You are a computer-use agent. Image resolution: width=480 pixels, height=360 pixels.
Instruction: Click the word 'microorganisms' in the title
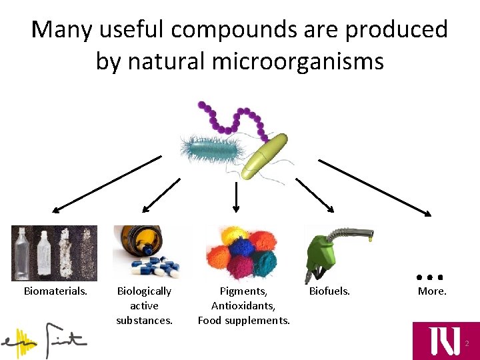[x=298, y=61]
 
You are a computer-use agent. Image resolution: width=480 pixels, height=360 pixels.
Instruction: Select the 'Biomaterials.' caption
[x=55, y=291]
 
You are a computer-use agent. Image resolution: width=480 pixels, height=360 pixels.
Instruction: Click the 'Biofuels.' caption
[x=329, y=291]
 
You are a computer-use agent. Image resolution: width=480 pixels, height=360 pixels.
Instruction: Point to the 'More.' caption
[x=432, y=291]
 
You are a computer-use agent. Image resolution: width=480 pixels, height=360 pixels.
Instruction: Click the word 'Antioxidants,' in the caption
[x=243, y=306]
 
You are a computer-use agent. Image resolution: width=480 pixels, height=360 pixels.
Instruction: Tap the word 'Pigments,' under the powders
[x=243, y=291]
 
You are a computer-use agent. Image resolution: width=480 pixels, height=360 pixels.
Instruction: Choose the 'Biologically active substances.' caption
[x=144, y=305]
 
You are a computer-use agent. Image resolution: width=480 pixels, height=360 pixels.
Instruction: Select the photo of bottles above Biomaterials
[x=54, y=253]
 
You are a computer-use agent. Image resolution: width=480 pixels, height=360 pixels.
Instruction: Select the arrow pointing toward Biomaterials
[x=107, y=184]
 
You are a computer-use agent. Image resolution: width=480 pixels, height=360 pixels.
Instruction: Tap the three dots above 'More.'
[x=430, y=276]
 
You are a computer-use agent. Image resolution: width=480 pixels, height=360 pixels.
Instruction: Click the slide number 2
[x=467, y=344]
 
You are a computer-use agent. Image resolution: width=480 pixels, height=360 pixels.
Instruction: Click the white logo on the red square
[x=444, y=340]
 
